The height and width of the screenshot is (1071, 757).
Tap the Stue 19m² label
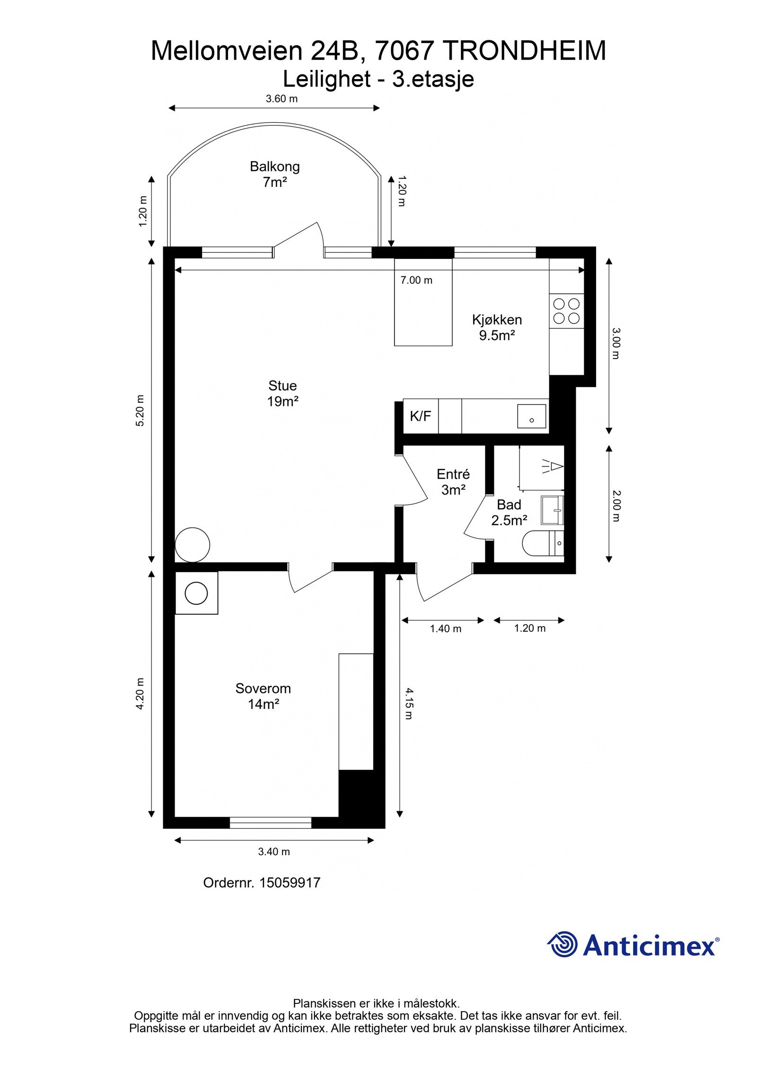[x=282, y=393]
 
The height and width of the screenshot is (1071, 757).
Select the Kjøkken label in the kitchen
[x=497, y=319]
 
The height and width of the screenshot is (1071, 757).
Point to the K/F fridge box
[x=421, y=416]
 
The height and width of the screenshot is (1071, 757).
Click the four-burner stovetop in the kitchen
[x=566, y=311]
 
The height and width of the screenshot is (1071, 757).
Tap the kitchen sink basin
[x=531, y=416]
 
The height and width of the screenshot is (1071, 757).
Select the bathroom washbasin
[x=553, y=510]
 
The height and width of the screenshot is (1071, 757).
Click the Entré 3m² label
[x=453, y=482]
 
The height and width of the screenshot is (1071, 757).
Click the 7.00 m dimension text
[x=416, y=280]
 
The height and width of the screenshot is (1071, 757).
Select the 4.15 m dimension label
[x=409, y=703]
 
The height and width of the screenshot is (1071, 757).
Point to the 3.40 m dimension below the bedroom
[x=274, y=852]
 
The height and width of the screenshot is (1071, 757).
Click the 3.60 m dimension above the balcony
[x=282, y=99]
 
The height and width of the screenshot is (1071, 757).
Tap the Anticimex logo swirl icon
[x=563, y=944]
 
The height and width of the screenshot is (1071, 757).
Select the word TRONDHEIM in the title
[x=525, y=51]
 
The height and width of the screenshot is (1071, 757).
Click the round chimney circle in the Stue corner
[x=192, y=545]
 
